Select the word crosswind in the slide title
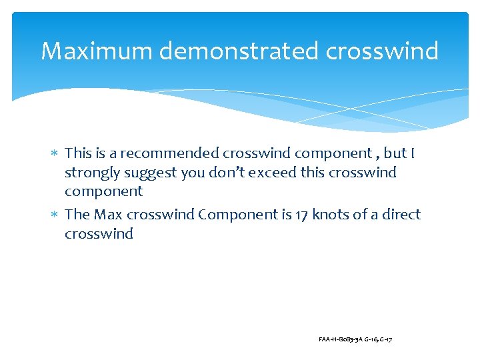(383, 51)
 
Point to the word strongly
(91, 173)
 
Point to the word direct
(401, 215)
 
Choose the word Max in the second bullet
(108, 215)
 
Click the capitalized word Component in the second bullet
(234, 215)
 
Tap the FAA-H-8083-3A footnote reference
(340, 340)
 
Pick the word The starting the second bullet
(77, 215)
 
